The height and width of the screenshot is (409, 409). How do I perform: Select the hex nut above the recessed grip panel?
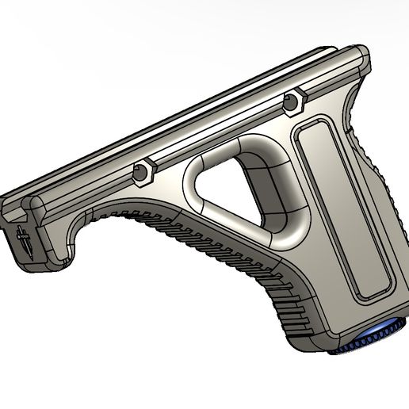(294, 101)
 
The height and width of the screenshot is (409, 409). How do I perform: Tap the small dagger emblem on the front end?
(21, 239)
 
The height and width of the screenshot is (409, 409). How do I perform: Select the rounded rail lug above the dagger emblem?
(36, 207)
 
